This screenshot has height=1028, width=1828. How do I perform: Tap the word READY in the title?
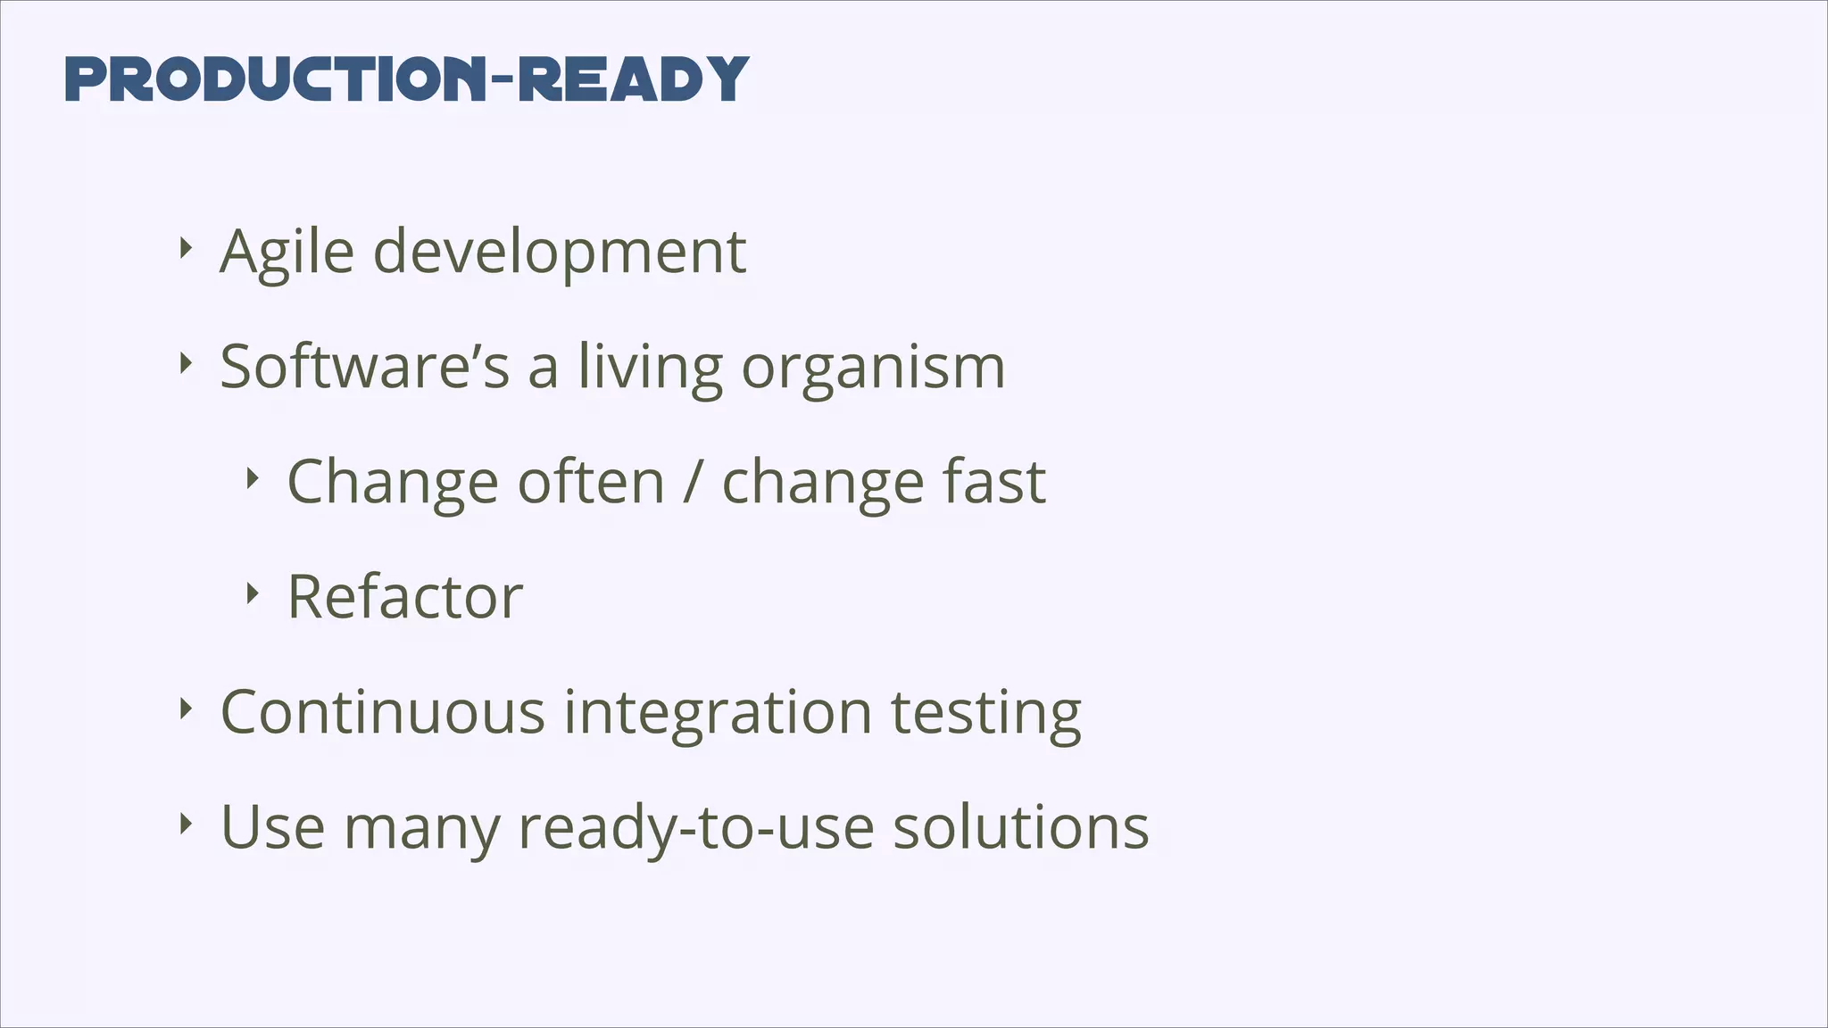pyautogui.click(x=633, y=79)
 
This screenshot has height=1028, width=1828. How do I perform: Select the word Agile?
pyautogui.click(x=287, y=253)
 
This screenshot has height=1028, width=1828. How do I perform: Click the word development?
pyautogui.click(x=559, y=253)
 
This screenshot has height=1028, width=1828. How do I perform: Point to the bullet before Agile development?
pyautogui.click(x=185, y=248)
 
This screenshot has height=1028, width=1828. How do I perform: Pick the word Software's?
pyautogui.click(x=364, y=367)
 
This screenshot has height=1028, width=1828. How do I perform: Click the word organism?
pyautogui.click(x=873, y=369)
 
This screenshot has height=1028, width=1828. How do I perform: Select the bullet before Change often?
pyautogui.click(x=252, y=479)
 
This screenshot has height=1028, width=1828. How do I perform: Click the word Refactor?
pyautogui.click(x=404, y=597)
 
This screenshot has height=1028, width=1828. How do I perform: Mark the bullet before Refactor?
pyautogui.click(x=252, y=593)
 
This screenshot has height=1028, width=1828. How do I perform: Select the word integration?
pyautogui.click(x=718, y=714)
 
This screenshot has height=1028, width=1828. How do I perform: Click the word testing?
pyautogui.click(x=985, y=714)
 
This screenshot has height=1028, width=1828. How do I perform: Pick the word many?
pyautogui.click(x=421, y=829)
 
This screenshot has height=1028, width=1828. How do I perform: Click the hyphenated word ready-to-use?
pyautogui.click(x=696, y=828)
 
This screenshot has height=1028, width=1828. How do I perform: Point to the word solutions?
pyautogui.click(x=1021, y=827)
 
